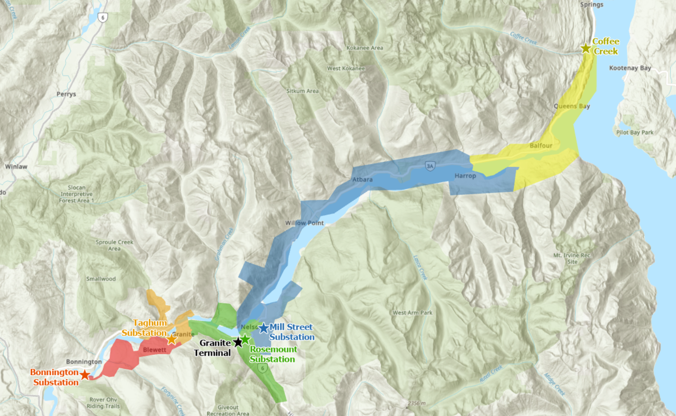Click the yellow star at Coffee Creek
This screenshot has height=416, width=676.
pyautogui.click(x=586, y=48)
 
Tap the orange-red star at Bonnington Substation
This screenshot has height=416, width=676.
pyautogui.click(x=84, y=374)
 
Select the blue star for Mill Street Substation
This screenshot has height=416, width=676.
pyautogui.click(x=264, y=328)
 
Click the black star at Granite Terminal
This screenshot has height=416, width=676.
pyautogui.click(x=238, y=342)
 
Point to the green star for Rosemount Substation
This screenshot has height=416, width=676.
pyautogui.click(x=245, y=339)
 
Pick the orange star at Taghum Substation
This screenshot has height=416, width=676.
pyautogui.click(x=172, y=339)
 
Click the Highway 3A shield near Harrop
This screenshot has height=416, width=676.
pyautogui.click(x=430, y=166)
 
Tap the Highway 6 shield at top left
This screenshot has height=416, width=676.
pyautogui.click(x=103, y=18)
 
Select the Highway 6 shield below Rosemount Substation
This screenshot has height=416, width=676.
pyautogui.click(x=263, y=368)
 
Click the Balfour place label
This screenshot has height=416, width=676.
pyautogui.click(x=541, y=146)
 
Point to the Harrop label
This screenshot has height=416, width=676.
pyautogui.click(x=465, y=176)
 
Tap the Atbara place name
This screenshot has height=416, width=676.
pyautogui.click(x=362, y=179)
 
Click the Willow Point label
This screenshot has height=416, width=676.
pyautogui.click(x=304, y=223)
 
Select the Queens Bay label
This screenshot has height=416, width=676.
pyautogui.click(x=571, y=106)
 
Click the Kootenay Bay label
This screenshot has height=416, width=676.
pyautogui.click(x=630, y=68)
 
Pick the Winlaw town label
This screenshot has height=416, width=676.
pyautogui.click(x=16, y=167)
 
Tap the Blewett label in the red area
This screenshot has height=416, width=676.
pyautogui.click(x=155, y=350)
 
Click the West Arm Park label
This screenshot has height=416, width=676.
pyautogui.click(x=412, y=313)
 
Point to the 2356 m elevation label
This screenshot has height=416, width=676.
pyautogui.click(x=416, y=403)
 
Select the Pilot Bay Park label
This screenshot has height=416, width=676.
pyautogui.click(x=635, y=133)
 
